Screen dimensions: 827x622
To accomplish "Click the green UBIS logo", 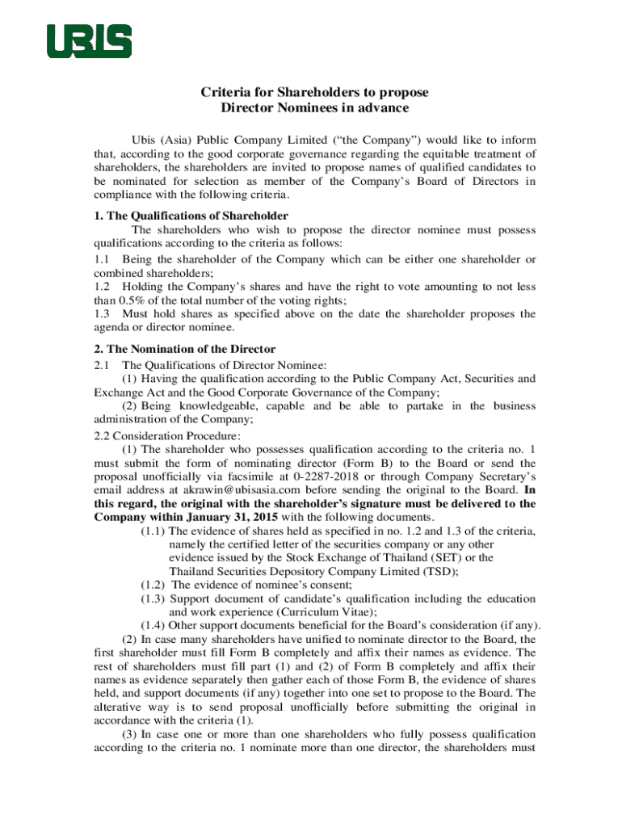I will [x=89, y=41].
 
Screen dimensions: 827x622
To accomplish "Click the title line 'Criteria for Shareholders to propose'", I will [x=314, y=92].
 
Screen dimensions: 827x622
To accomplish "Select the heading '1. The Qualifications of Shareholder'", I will [x=191, y=216].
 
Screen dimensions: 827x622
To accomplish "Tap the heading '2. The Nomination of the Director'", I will [x=185, y=349].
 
